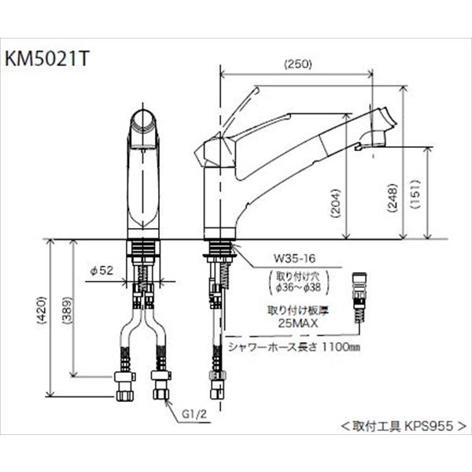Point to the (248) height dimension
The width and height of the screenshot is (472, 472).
pyautogui.click(x=391, y=197)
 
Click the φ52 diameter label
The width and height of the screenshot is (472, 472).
pyautogui.click(x=102, y=270)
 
